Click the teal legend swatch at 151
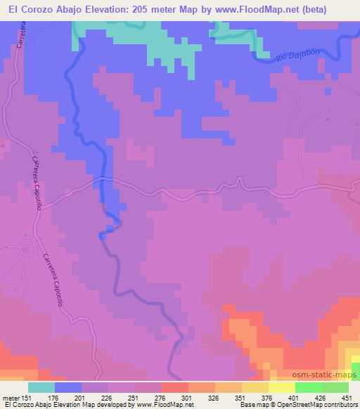tap(41, 387)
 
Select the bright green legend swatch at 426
tap(309, 387)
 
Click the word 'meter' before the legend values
tap(12, 397)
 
